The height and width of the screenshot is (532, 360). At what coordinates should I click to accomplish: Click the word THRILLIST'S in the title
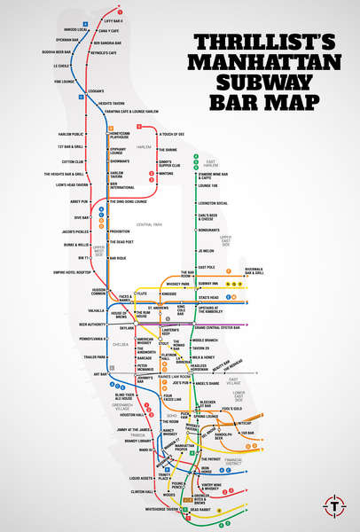(x=270, y=43)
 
